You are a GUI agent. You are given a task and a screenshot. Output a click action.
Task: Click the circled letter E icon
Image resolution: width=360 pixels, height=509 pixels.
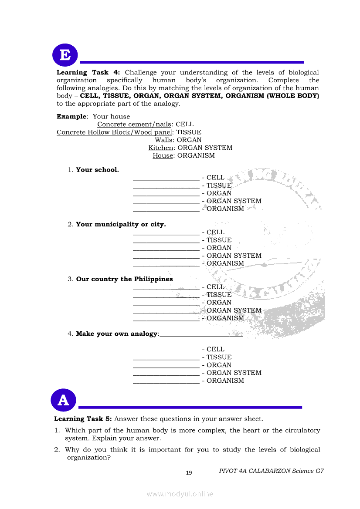[x=65, y=55]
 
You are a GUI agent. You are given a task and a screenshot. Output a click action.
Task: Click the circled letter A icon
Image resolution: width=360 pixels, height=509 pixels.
[x=63, y=400]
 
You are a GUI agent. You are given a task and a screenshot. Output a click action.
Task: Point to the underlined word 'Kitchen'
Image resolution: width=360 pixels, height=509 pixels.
[x=160, y=148]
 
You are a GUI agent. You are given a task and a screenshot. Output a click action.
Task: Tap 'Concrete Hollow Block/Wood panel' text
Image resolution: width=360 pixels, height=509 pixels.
[x=114, y=132]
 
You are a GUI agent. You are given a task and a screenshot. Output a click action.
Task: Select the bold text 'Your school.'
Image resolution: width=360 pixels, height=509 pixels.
[x=97, y=170]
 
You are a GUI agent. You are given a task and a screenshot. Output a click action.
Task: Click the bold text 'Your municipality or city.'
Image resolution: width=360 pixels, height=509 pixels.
[x=121, y=225]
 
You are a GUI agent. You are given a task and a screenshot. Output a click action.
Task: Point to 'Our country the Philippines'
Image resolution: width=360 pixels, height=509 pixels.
[x=124, y=279]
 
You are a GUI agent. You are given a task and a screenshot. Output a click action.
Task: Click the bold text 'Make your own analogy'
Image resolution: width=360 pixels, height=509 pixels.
[x=116, y=334]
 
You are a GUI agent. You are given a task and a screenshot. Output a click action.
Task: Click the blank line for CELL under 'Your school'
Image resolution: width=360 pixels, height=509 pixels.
[x=166, y=178]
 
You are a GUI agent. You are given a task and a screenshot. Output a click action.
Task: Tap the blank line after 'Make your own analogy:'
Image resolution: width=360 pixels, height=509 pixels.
[x=201, y=335]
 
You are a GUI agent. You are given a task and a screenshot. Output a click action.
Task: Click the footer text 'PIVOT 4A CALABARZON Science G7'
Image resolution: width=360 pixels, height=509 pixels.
[x=272, y=471]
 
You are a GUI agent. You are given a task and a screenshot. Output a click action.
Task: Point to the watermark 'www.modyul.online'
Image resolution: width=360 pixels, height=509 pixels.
[x=180, y=494]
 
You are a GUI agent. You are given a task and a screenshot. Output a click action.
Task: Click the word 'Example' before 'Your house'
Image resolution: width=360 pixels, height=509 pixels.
[x=71, y=117]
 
